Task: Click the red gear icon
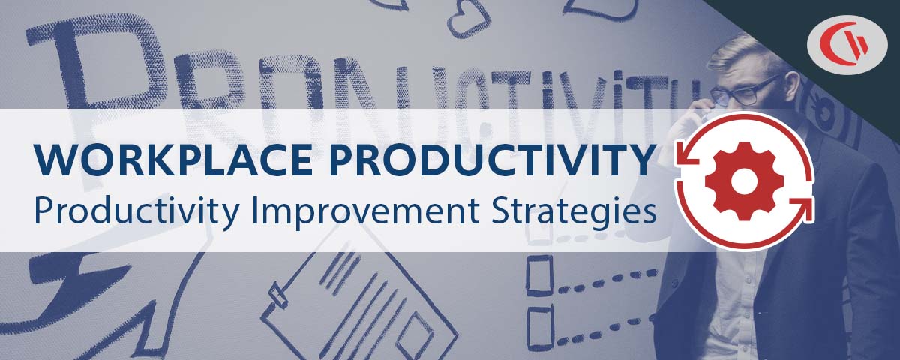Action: (x=743, y=181)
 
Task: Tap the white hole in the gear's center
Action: (x=743, y=181)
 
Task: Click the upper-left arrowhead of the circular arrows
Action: (x=684, y=156)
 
